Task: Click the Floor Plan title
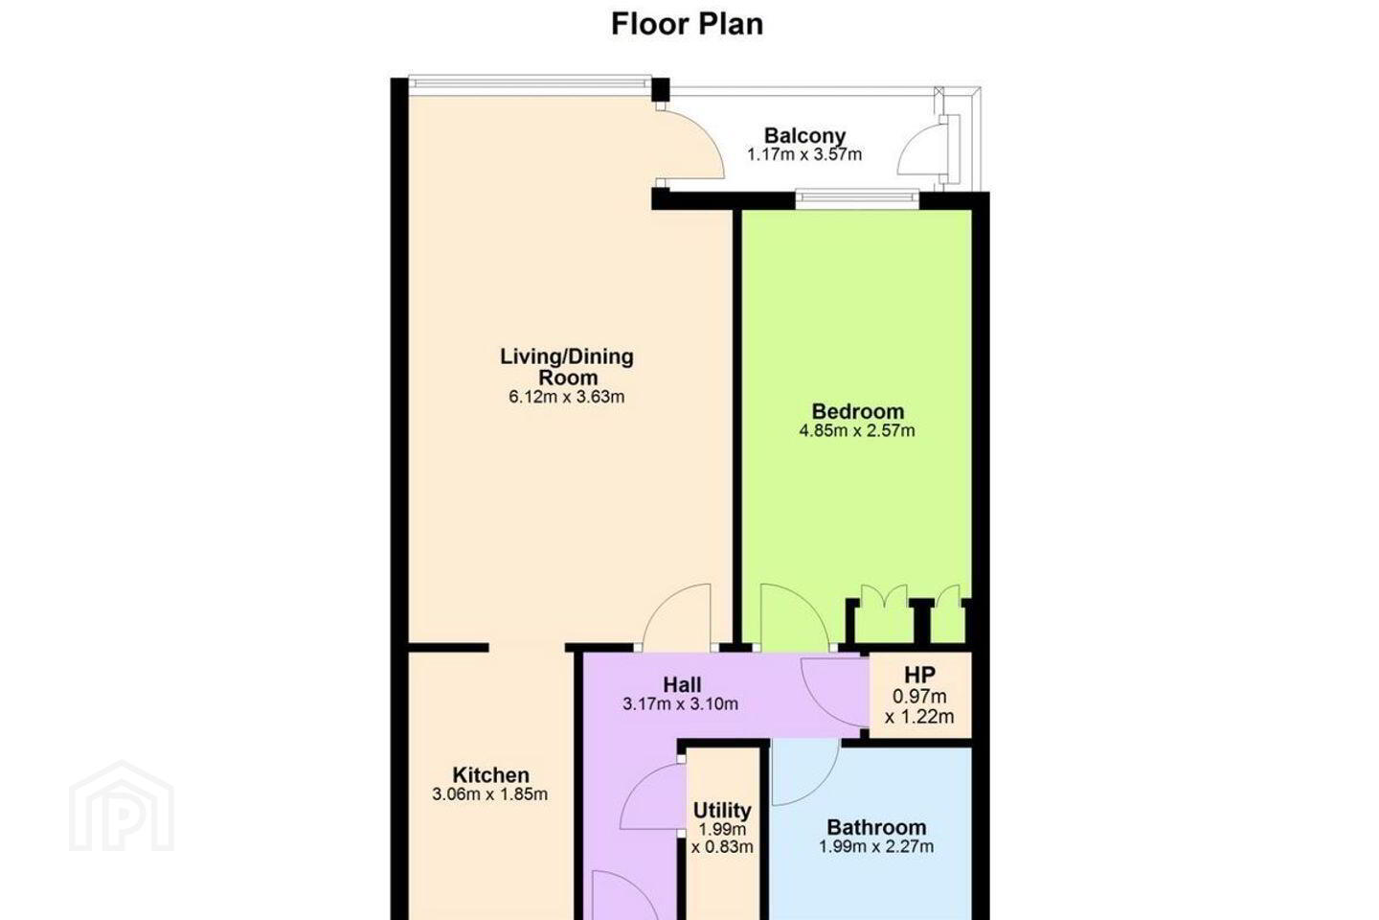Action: coord(687,25)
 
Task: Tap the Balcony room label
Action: coord(804,135)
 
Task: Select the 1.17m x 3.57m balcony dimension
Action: coord(804,154)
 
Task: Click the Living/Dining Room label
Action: coord(567,367)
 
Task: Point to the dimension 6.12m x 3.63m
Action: coord(567,397)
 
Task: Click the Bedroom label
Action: coord(858,411)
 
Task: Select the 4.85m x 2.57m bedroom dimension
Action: coord(857,430)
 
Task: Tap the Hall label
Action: coord(682,684)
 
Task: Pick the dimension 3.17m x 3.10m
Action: coord(680,703)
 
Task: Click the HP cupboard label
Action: coord(919,675)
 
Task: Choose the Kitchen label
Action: coord(490,774)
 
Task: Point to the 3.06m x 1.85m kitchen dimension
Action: coord(490,794)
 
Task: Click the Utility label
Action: coord(722,810)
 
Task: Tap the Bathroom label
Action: coord(876,827)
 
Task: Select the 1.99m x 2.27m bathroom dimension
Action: coord(876,846)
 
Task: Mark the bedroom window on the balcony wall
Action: coord(857,197)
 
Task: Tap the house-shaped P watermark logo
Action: coord(122,807)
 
